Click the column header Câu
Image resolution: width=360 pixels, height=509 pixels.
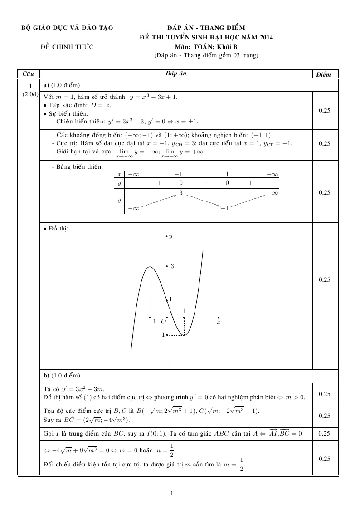pos(28,73)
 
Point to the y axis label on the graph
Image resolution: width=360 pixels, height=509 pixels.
pos(170,236)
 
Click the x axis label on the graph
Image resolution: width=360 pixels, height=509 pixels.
pos(219,322)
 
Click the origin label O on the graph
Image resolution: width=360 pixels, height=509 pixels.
pos(163,322)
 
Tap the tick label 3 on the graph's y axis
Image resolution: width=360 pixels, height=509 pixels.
pos(172,266)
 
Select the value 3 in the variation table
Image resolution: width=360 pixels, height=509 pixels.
pos(180,193)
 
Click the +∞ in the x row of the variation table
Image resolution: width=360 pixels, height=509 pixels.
pos(272,174)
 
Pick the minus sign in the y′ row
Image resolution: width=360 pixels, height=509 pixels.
pos(205,183)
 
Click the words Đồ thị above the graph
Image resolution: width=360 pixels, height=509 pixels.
pos(58,229)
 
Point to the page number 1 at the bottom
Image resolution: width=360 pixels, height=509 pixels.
pos(172,494)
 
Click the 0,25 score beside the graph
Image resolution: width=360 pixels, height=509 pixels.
pos(324,279)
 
